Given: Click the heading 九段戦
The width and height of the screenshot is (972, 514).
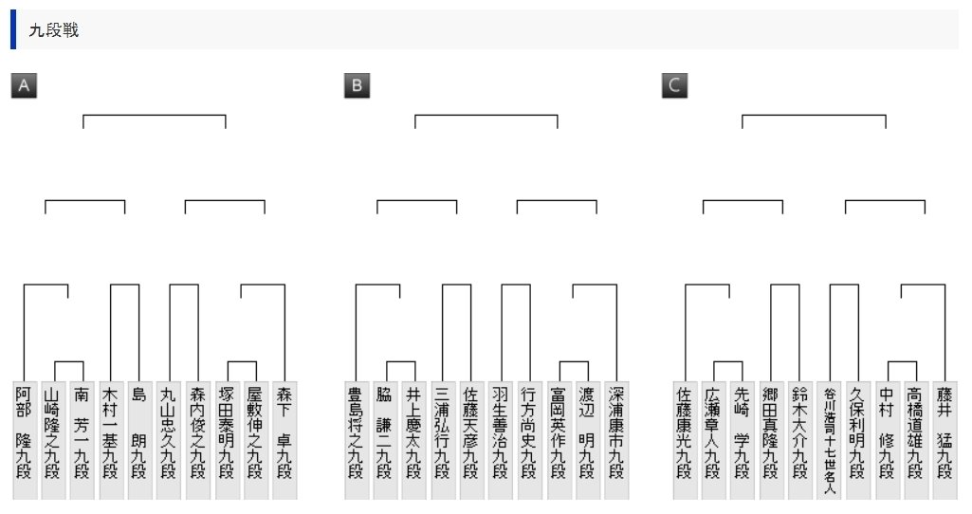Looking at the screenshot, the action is tap(53, 30).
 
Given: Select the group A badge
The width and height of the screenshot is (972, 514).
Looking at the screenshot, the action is tap(24, 86).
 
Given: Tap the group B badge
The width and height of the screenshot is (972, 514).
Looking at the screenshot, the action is tap(357, 86).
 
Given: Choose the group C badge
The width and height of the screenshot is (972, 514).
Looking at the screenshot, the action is tap(674, 86).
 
